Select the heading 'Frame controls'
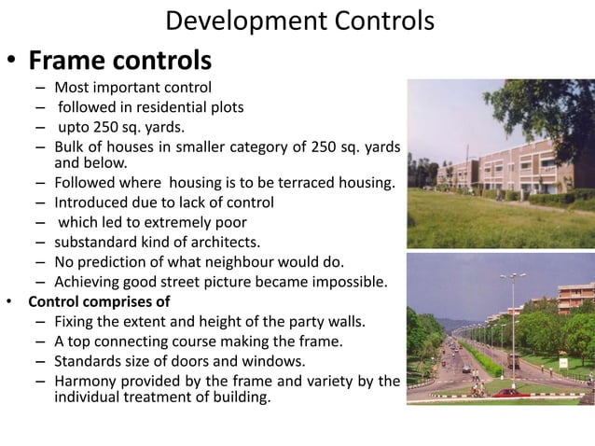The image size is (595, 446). [119, 61]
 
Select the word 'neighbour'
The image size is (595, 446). [232, 262]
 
